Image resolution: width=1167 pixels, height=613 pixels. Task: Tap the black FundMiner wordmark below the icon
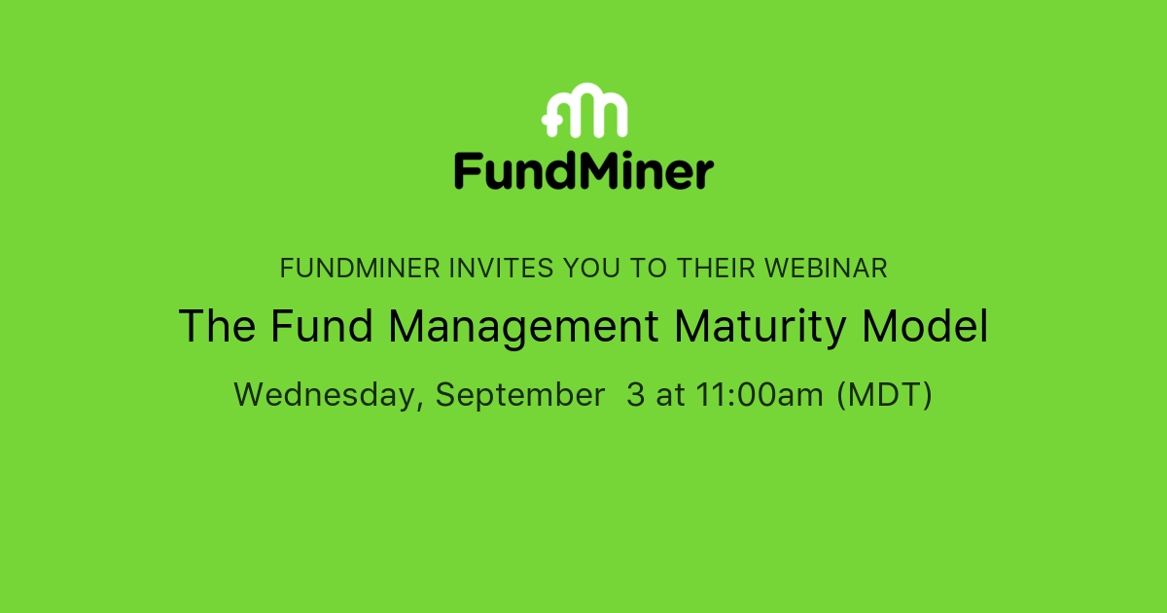(583, 171)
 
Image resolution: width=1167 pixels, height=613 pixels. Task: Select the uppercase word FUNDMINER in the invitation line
(360, 269)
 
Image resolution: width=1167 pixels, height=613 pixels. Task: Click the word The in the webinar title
(217, 327)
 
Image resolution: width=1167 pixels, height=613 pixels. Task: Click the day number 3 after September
(635, 395)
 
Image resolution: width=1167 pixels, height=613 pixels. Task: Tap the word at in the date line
(670, 395)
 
